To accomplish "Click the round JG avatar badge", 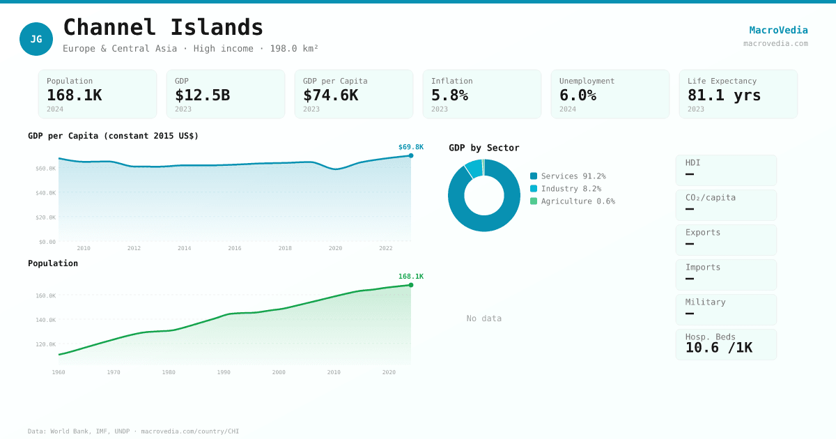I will tap(36, 39).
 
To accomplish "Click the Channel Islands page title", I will tap(163, 27).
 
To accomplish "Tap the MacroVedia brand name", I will tap(778, 30).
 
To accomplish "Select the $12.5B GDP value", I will tap(202, 95).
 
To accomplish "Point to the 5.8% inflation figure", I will tap(449, 95).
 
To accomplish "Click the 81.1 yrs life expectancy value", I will tap(724, 95).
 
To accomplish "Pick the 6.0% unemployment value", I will tap(578, 95).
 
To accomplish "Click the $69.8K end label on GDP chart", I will tap(410, 147).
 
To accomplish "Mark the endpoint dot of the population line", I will tap(411, 285).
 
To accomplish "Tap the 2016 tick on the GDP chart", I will tap(235, 248).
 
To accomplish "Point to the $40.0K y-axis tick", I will tap(46, 193).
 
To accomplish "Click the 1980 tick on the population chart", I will tap(169, 372).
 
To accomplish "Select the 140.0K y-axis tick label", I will tap(46, 320).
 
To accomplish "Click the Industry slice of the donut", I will tap(474, 168).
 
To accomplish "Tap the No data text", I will tap(483, 318).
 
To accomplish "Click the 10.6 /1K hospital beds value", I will tap(718, 348).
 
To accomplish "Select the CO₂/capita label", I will tap(710, 197).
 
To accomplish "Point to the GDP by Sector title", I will tap(483, 148).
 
